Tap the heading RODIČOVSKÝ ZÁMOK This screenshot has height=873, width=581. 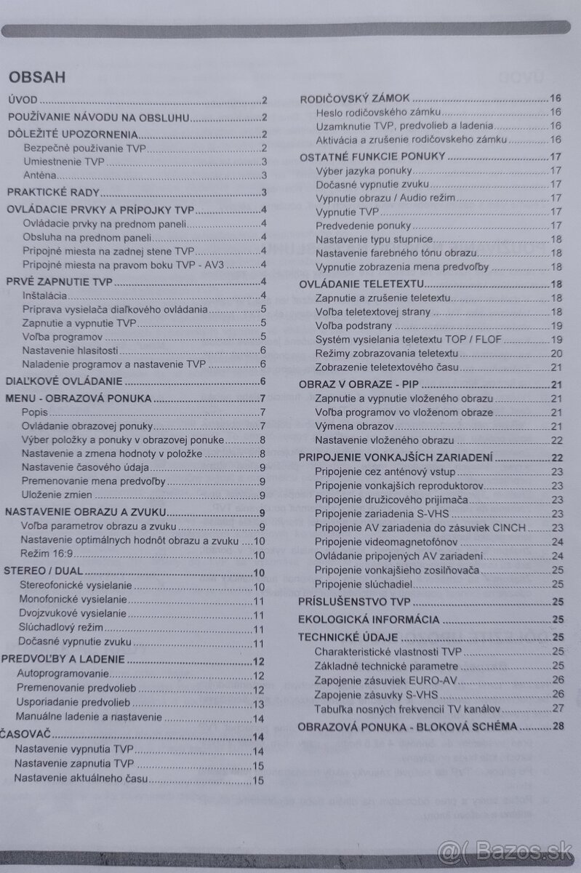coord(356,98)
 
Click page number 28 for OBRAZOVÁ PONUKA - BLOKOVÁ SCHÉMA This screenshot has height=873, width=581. coord(558,726)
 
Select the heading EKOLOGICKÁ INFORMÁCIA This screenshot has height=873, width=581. coord(369,620)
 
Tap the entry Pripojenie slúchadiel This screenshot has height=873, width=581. coord(364,583)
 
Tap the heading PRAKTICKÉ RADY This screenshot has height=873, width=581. coord(53,193)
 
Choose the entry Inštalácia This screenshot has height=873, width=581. coord(45,295)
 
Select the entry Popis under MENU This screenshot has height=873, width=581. coord(33,412)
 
